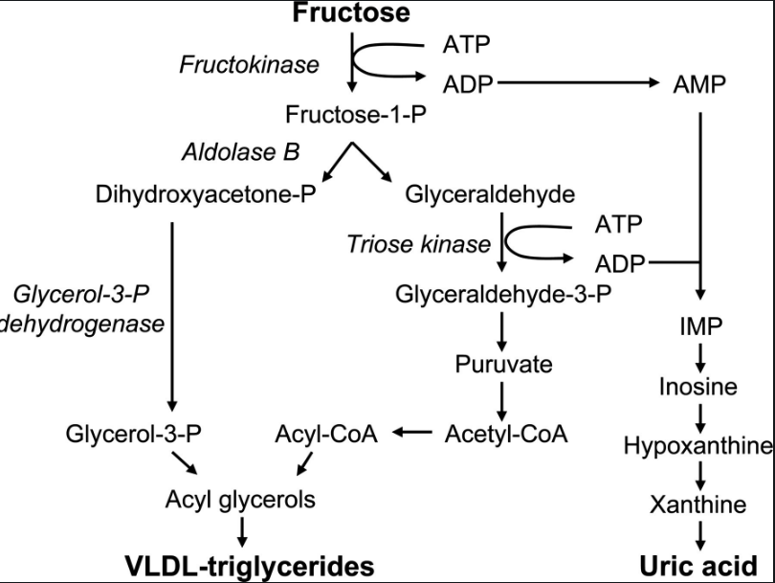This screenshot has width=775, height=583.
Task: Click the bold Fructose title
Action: pyautogui.click(x=351, y=13)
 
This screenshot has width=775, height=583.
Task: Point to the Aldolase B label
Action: pyautogui.click(x=240, y=152)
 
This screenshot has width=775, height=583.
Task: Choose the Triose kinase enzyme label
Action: pyautogui.click(x=418, y=244)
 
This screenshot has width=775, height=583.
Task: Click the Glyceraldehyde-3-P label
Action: pyautogui.click(x=503, y=293)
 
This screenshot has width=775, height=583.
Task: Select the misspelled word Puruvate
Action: pyautogui.click(x=503, y=364)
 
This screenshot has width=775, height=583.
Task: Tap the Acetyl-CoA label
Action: pyautogui.click(x=506, y=434)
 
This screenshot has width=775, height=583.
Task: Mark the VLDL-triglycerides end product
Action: pyautogui.click(x=250, y=566)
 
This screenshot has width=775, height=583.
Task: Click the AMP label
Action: pyautogui.click(x=699, y=84)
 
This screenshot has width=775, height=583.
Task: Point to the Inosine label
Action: pyautogui.click(x=702, y=387)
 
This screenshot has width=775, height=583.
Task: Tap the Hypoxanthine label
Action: pyautogui.click(x=698, y=445)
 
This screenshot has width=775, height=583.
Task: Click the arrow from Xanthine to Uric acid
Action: pyautogui.click(x=702, y=533)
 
